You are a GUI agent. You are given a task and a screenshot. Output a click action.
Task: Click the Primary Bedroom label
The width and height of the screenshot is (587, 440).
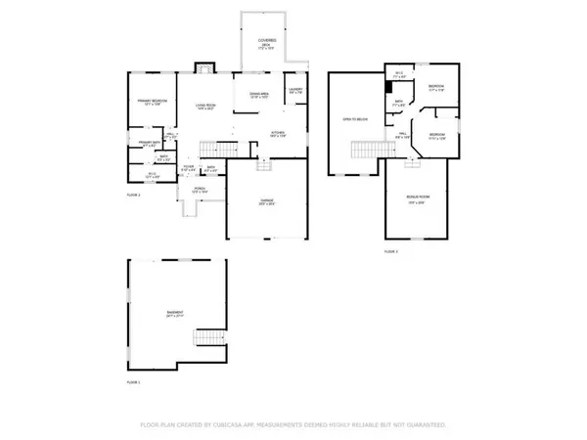(152, 103)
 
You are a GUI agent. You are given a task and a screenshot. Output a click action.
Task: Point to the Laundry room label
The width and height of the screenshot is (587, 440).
(295, 91)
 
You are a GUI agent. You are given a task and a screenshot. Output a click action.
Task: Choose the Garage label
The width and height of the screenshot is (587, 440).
(266, 202)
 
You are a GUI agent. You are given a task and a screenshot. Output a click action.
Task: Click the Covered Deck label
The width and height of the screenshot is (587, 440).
(265, 42)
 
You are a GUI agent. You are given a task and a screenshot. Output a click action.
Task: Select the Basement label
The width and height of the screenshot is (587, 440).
(174, 315)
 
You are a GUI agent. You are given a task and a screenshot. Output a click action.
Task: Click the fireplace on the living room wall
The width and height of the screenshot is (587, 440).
(205, 67)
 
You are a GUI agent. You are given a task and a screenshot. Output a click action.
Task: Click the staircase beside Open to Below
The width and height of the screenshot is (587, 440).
(365, 150)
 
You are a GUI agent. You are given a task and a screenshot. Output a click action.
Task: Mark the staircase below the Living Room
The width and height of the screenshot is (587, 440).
(217, 149)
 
